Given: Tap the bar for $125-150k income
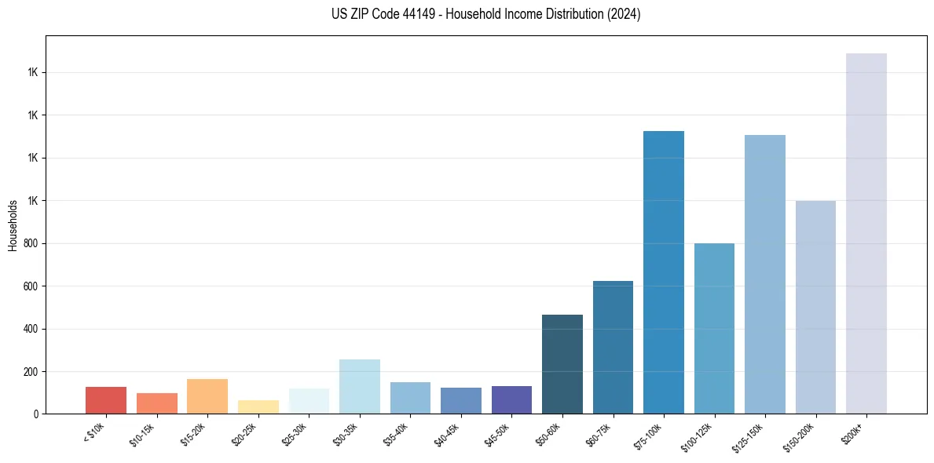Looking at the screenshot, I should pyautogui.click(x=764, y=274).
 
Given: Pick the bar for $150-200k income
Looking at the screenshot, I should pyautogui.click(x=815, y=307).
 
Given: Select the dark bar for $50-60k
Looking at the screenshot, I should pyautogui.click(x=562, y=364).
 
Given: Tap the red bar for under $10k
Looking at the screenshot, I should pyautogui.click(x=106, y=400).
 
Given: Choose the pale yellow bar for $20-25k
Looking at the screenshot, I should pyautogui.click(x=258, y=406).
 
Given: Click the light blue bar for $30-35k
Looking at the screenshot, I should pyautogui.click(x=359, y=386).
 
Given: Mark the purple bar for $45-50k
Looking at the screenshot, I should pyautogui.click(x=511, y=399).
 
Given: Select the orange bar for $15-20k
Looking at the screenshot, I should pyautogui.click(x=207, y=396).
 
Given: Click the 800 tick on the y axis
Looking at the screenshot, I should pyautogui.click(x=31, y=243).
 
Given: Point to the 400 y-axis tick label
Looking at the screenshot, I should pyautogui.click(x=31, y=329).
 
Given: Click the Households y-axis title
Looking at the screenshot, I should pyautogui.click(x=13, y=225).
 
